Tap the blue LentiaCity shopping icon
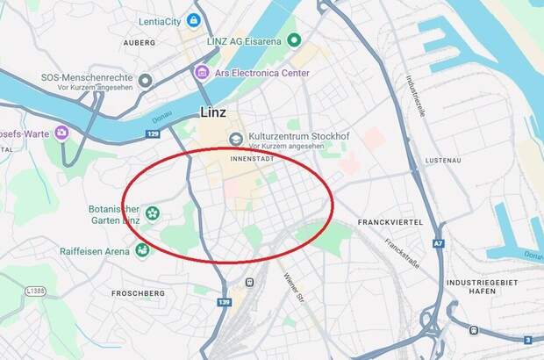tap(194, 19)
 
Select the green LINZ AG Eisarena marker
tap(295, 40)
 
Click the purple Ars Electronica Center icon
tap(203, 72)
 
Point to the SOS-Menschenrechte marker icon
tap(146, 81)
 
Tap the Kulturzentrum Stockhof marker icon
tap(235, 140)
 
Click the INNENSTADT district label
tap(253, 161)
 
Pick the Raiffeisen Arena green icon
tap(142, 250)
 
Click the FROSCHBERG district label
tap(139, 293)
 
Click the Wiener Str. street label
tap(292, 289)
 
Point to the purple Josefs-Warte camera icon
tap(61, 133)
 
